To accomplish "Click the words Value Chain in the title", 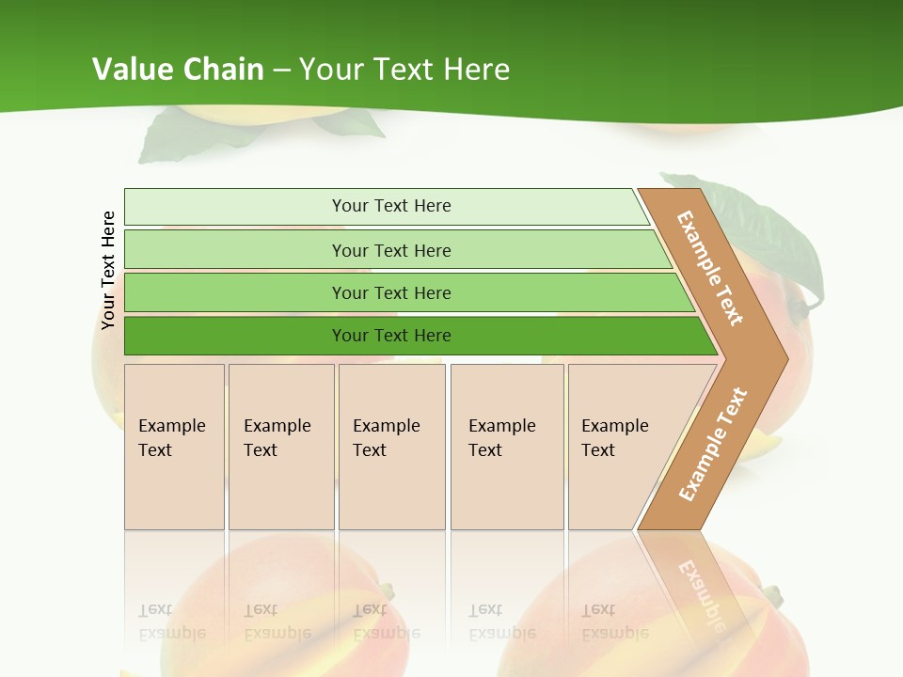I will pos(178,70).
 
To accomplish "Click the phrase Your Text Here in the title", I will pos(404,70).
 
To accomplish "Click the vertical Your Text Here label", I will pos(108,270).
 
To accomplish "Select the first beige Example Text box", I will pos(174,447).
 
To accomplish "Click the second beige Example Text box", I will pos(280,447).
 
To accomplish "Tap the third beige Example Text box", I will pos(391,447).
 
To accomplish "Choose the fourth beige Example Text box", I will pos(507,447).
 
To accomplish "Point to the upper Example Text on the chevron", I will pos(710,268).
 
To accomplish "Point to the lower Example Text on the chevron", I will pos(712,444).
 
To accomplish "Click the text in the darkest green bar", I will pos(391,336).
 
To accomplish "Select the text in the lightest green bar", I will pos(391,206).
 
